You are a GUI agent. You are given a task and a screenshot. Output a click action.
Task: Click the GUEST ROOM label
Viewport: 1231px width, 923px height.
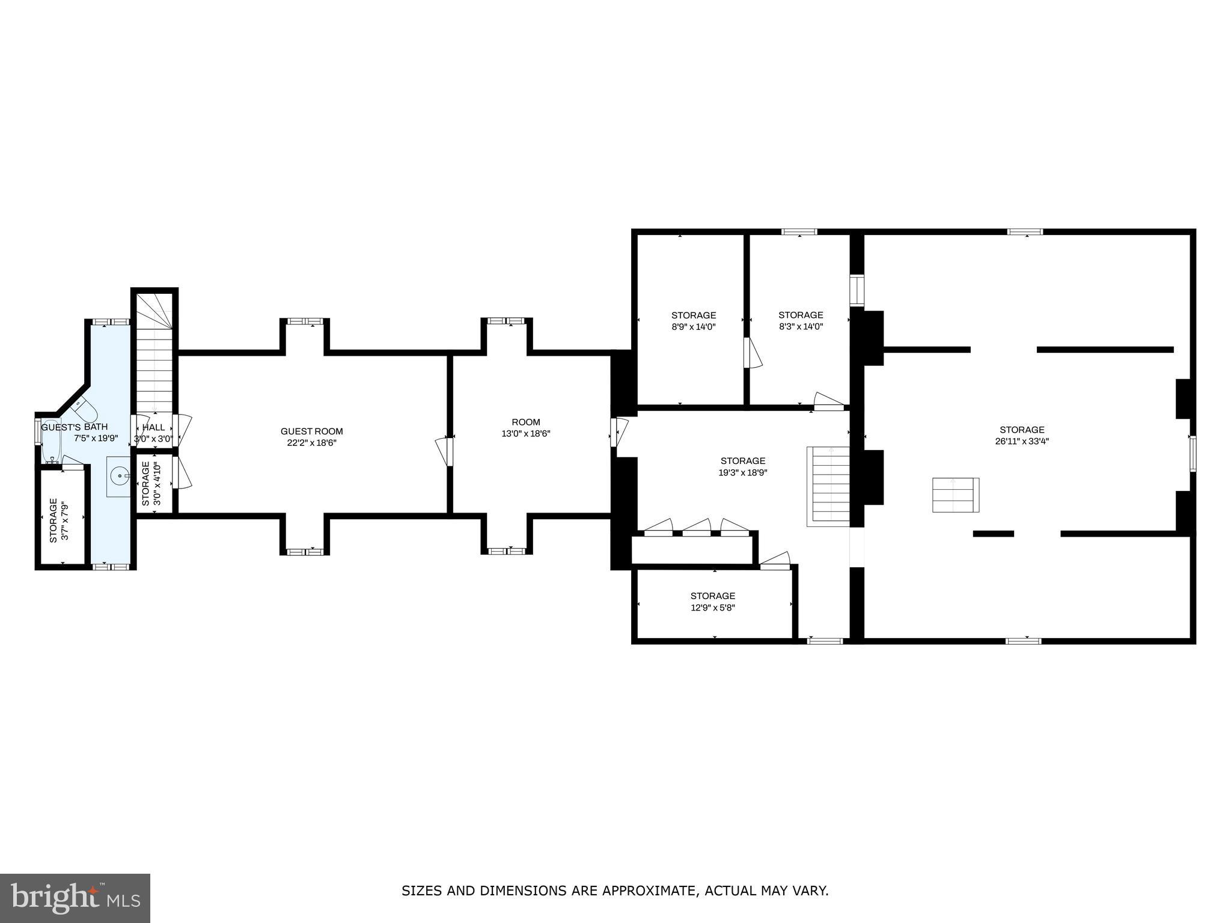pos(311,431)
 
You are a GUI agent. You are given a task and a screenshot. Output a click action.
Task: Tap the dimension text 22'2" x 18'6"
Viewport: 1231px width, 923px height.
pos(311,443)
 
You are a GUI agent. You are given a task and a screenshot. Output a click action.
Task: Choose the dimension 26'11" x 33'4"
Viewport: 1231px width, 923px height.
pos(1022,440)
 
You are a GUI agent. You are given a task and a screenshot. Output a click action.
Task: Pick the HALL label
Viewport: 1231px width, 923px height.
pos(153,427)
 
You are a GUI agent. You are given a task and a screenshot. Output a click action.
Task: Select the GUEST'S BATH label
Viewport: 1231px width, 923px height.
pos(75,427)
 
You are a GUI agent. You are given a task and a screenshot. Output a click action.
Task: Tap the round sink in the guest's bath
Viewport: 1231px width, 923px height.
pos(120,477)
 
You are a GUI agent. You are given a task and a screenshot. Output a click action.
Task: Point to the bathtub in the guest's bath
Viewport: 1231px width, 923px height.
pos(51,442)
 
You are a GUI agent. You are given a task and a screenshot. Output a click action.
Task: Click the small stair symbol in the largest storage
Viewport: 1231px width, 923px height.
pos(955,495)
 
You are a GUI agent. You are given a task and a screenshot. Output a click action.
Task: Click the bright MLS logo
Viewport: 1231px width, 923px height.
pos(75,898)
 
